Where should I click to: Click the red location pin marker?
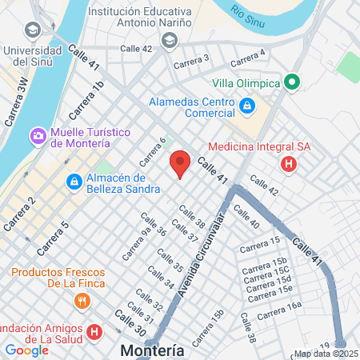[180, 162]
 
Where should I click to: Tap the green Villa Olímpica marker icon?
[292, 82]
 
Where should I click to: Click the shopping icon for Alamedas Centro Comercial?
[247, 105]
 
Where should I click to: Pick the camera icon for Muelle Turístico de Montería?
[38, 136]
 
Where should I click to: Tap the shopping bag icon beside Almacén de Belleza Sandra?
[74, 182]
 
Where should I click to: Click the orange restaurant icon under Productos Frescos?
[81, 301]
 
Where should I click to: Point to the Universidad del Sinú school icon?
[33, 30]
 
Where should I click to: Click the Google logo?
[26, 350]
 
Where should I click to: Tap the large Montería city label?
[152, 350]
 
